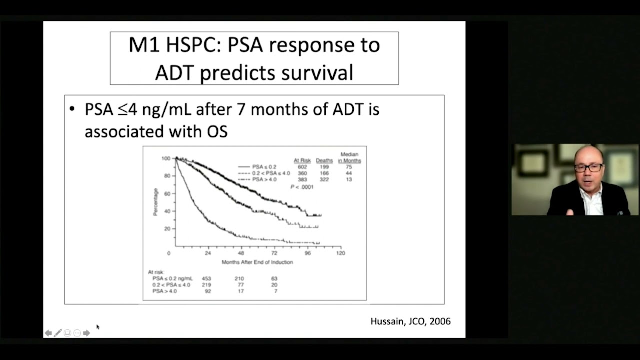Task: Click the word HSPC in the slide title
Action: point(192,45)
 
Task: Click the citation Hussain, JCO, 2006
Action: point(410,321)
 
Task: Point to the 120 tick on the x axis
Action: point(340,253)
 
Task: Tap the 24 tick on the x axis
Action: point(207,253)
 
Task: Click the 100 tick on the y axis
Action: point(165,158)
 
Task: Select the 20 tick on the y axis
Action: point(167,229)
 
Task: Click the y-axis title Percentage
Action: point(156,202)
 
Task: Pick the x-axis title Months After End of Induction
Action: point(257,262)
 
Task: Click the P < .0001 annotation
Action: point(302,186)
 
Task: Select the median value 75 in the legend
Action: point(348,167)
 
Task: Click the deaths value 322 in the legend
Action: point(324,179)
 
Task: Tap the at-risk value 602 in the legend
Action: point(302,167)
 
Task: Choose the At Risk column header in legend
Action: point(302,160)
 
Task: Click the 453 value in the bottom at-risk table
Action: point(206,278)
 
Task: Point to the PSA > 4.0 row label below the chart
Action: point(164,291)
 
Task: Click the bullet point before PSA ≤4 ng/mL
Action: point(73,109)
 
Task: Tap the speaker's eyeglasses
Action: point(588,168)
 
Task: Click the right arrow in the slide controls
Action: point(86,333)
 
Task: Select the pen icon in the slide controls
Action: point(58,333)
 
